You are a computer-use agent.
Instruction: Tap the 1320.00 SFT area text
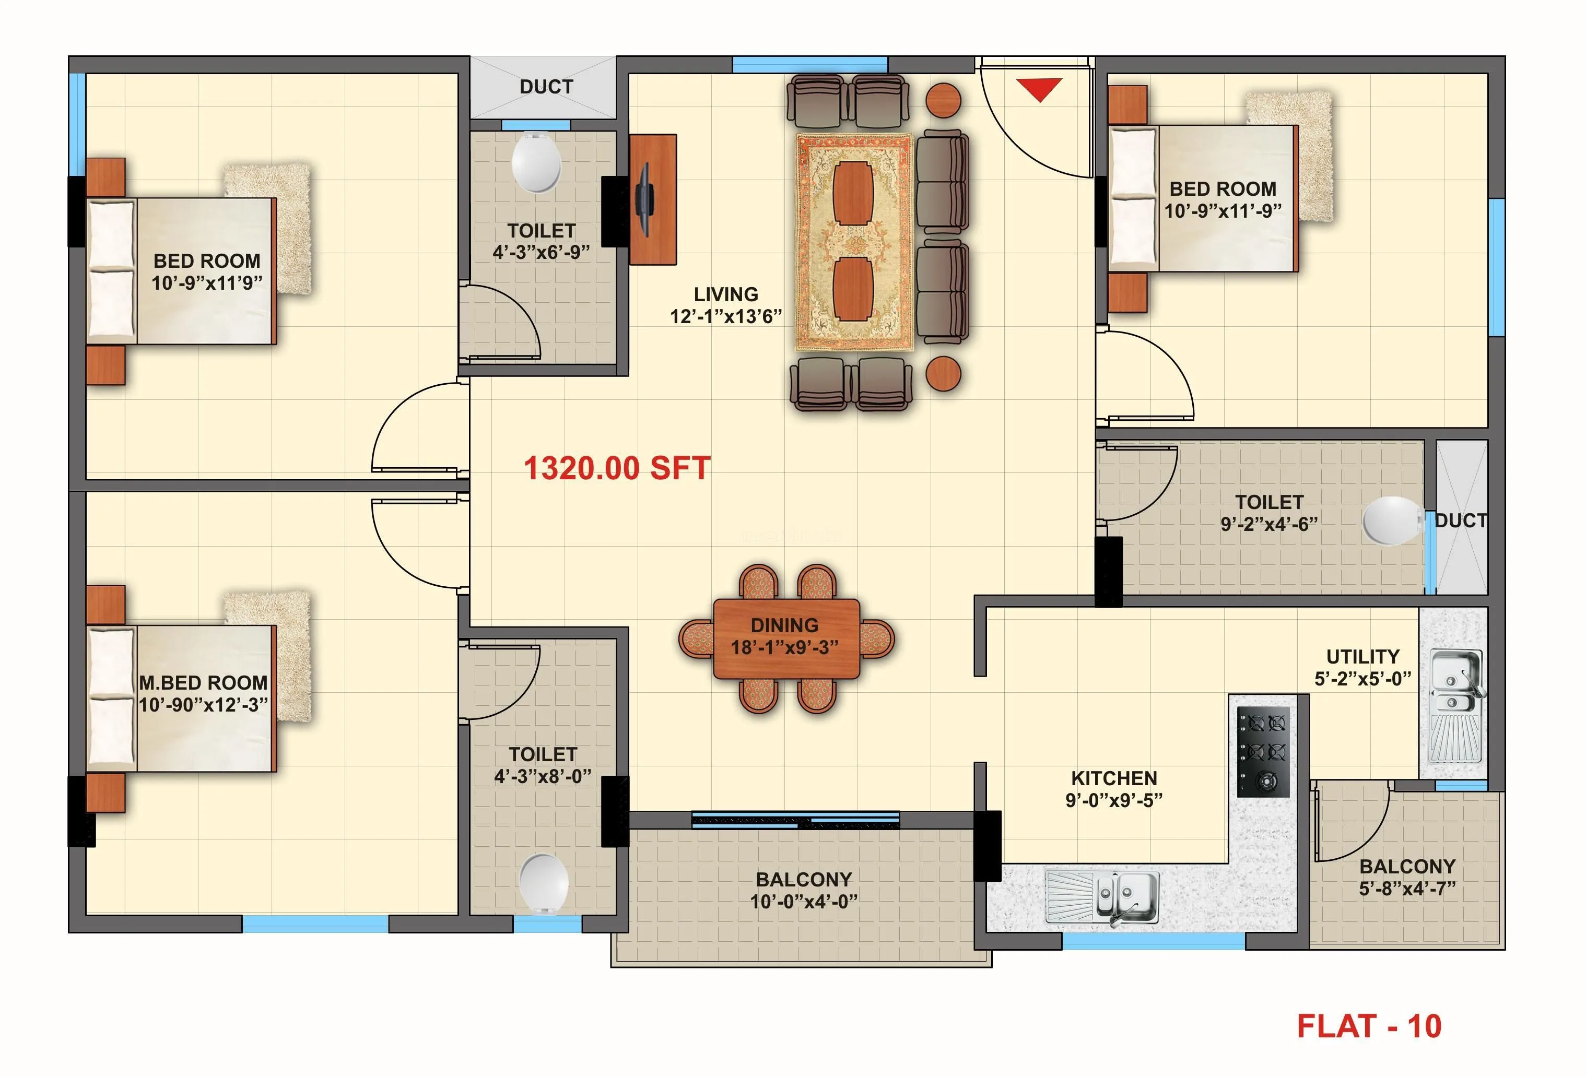(x=617, y=469)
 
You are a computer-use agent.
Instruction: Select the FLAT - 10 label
(x=1368, y=1026)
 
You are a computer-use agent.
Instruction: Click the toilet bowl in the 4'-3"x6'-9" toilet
(x=536, y=163)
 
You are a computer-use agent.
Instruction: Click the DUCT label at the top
(x=546, y=87)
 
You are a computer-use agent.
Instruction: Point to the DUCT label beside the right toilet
(x=1461, y=520)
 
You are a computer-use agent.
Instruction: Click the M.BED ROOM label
(x=203, y=683)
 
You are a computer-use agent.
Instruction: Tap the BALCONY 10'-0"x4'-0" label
(x=803, y=890)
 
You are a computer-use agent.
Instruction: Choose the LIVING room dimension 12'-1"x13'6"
(x=725, y=316)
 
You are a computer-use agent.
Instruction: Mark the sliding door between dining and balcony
(x=796, y=820)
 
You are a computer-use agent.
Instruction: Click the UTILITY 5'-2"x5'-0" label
(x=1362, y=668)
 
